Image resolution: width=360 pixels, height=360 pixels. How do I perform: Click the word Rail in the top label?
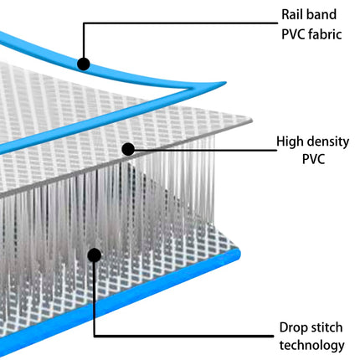[x=291, y=14]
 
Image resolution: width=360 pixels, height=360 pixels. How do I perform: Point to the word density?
[x=327, y=142]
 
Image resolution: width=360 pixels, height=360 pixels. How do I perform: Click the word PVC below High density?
[x=313, y=159]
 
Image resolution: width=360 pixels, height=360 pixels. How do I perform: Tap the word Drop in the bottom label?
[x=291, y=328]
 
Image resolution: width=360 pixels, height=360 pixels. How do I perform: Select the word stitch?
[x=325, y=327]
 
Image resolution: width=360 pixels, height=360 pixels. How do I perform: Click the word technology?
[x=312, y=346]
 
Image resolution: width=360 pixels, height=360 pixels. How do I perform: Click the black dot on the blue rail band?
[x=83, y=64]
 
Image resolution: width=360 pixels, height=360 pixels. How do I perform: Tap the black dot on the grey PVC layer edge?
[x=128, y=149]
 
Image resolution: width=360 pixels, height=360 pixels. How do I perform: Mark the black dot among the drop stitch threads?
[x=95, y=255]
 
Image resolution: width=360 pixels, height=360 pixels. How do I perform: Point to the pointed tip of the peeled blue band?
[x=225, y=82]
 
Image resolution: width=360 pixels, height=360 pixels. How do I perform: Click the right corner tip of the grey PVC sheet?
[x=252, y=121]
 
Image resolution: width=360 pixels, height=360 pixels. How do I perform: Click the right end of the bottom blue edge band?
[x=239, y=255]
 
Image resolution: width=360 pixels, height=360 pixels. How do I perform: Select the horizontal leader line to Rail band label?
[x=181, y=23]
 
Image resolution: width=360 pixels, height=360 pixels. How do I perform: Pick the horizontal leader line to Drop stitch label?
[x=183, y=336]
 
